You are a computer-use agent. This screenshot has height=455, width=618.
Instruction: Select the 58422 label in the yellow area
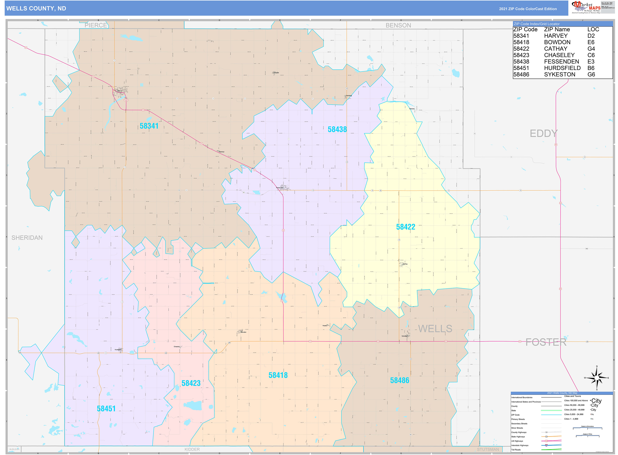405,227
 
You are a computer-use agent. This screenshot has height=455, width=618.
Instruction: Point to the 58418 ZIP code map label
278,375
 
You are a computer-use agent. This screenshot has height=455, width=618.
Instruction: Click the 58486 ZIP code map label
399,380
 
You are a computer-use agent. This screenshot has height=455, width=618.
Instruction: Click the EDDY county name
544,133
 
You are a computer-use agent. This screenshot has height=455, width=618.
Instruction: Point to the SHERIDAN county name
27,238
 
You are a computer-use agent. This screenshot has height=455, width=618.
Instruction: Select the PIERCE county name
96,25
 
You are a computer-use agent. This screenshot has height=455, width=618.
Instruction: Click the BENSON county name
398,25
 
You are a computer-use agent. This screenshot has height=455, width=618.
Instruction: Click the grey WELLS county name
435,329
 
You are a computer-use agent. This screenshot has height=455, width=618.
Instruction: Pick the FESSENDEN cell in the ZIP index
561,61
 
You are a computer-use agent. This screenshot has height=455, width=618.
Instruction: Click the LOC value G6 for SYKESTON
591,74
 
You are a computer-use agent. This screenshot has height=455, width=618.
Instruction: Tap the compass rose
597,378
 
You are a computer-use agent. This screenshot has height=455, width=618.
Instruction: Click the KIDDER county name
192,449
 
